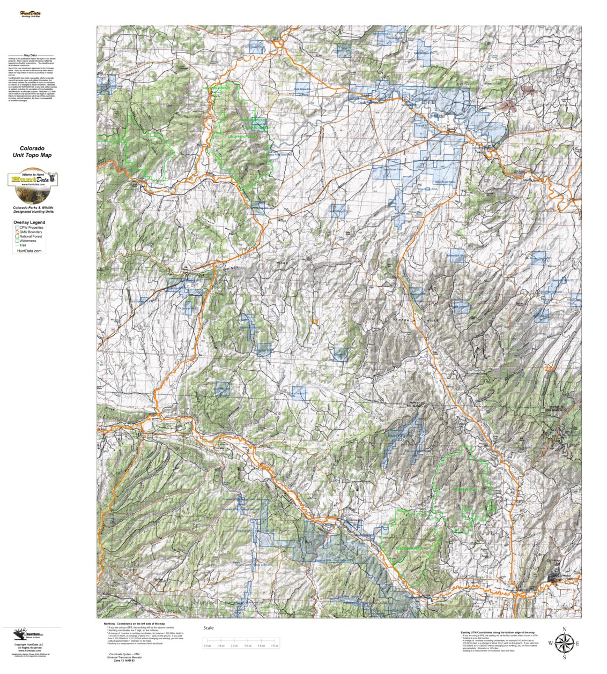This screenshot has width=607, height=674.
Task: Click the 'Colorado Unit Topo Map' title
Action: [32, 152]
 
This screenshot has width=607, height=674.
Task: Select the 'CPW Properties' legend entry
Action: [31, 228]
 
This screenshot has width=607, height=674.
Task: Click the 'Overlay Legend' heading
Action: [29, 222]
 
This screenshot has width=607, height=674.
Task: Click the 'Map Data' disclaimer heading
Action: [30, 55]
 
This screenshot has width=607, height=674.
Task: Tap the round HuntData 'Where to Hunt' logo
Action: [32, 179]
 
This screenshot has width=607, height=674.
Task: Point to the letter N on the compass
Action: [564, 630]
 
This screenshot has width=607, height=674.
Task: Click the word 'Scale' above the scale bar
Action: [208, 628]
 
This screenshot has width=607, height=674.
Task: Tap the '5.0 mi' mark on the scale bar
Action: [275, 646]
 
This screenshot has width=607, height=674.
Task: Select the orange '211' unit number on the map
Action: [550, 369]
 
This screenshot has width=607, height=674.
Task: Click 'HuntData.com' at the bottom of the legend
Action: [29, 251]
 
